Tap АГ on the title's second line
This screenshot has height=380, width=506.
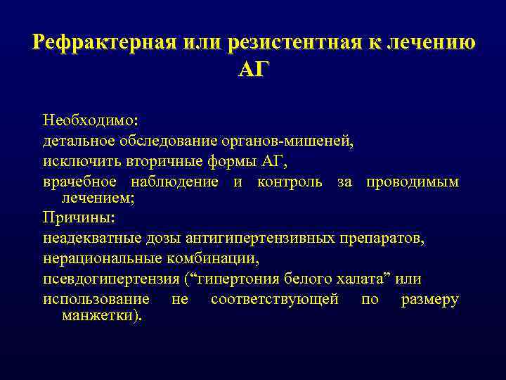point(253,70)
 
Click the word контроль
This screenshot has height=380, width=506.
point(290,182)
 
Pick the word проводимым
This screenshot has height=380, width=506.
point(412,182)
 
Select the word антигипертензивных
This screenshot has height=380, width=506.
point(267,238)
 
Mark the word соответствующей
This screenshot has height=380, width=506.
point(274,299)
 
